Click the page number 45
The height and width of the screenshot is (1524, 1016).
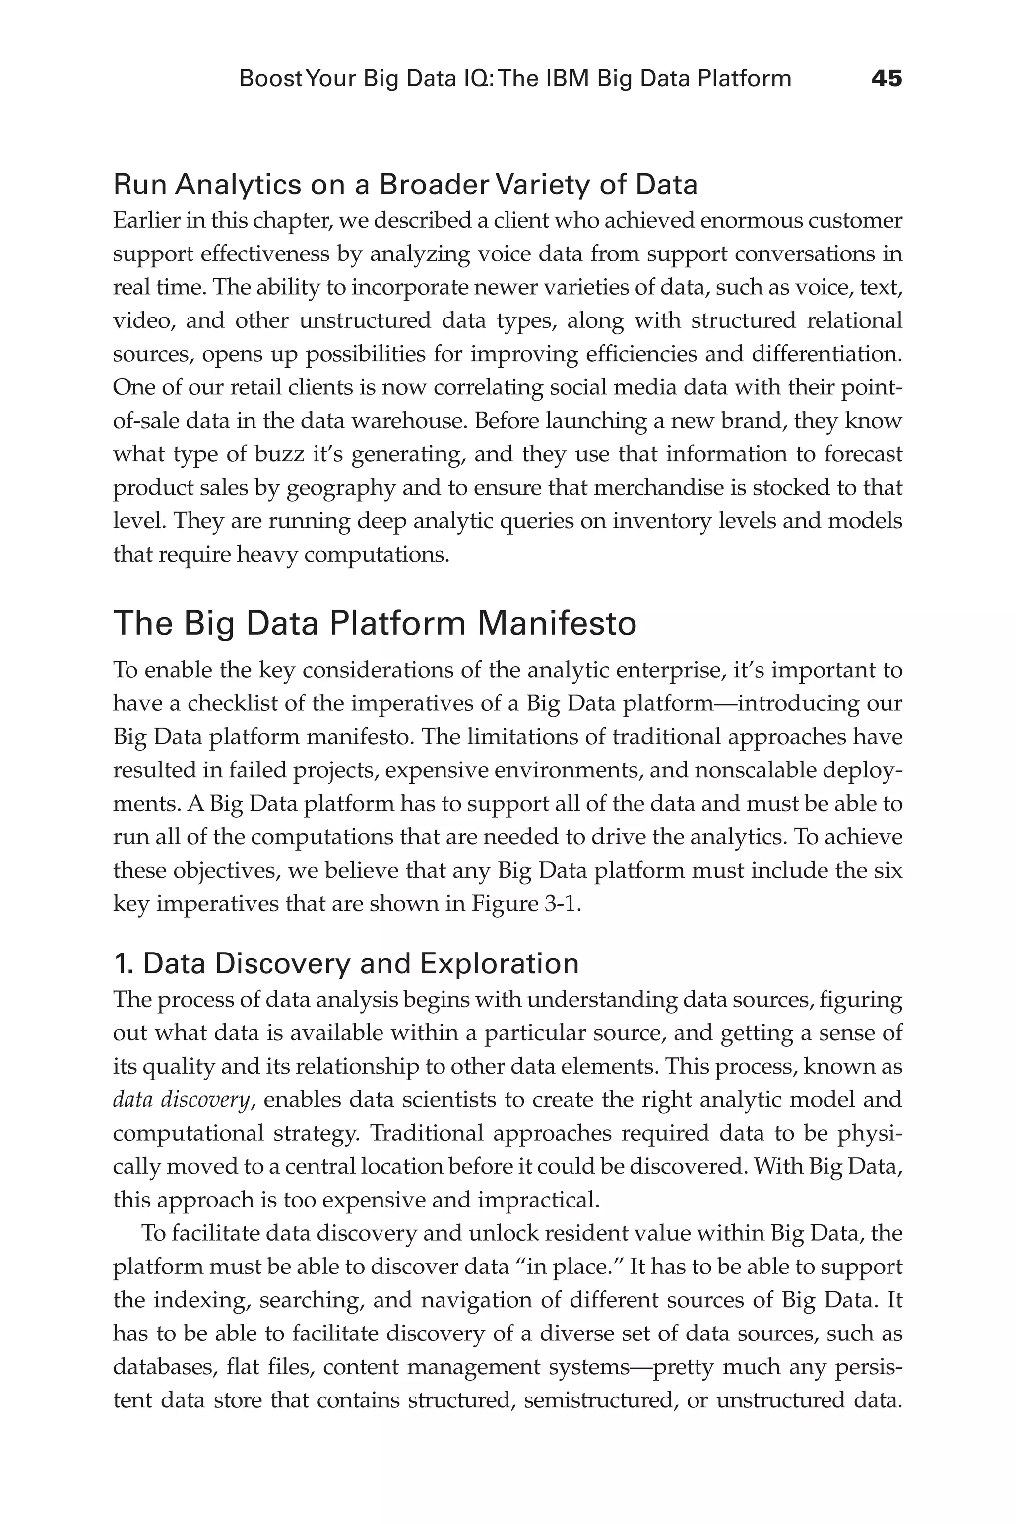[x=886, y=79]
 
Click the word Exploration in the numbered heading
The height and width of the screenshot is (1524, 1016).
[x=499, y=963]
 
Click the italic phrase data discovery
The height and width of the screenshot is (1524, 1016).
[x=181, y=1100]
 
